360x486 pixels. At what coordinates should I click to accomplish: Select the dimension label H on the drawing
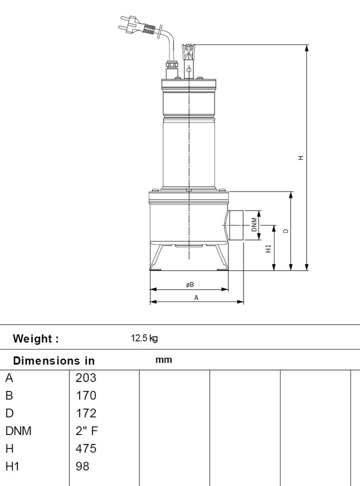click(x=300, y=157)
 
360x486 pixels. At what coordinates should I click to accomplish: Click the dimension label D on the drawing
click(x=285, y=231)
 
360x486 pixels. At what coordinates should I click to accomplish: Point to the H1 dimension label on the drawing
click(x=268, y=248)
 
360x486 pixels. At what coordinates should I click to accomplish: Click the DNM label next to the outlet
click(x=254, y=225)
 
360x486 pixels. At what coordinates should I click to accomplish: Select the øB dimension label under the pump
click(x=189, y=284)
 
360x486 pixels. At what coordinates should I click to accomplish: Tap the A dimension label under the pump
click(x=196, y=297)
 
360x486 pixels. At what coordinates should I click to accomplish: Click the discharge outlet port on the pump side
click(x=235, y=225)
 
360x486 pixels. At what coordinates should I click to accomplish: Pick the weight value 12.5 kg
click(x=144, y=338)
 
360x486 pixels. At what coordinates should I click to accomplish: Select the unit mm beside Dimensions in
click(x=163, y=360)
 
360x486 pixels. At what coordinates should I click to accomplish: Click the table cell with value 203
click(x=85, y=378)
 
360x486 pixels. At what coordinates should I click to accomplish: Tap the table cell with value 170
click(x=85, y=395)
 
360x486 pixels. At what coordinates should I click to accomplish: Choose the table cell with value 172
click(x=85, y=413)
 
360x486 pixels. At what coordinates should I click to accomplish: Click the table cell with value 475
click(x=85, y=448)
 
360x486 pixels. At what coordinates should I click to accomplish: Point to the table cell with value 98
click(x=82, y=466)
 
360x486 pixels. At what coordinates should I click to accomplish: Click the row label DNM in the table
click(x=18, y=431)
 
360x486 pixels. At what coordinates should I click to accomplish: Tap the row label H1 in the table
click(x=12, y=466)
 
